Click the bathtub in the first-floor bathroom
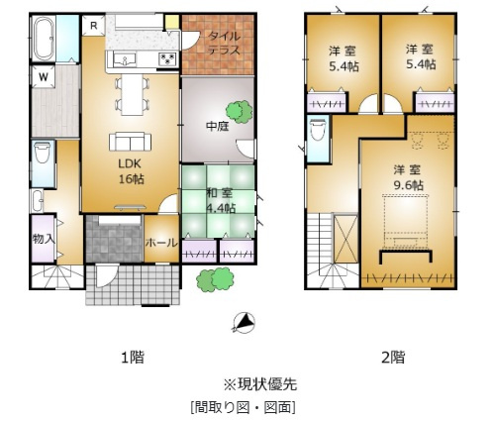44,39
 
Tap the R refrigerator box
94,26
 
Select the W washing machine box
44,77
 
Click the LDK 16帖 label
131,171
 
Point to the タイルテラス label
224,43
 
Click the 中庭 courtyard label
218,126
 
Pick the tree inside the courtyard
239,112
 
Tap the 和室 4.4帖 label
221,200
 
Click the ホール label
161,243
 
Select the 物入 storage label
44,239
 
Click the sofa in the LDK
131,142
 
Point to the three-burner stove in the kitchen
168,59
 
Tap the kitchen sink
125,59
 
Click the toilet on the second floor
318,130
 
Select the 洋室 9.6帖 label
408,177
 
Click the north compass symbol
244,322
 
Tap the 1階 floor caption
133,358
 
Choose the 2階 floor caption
393,358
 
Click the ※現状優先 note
260,384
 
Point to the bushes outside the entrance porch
215,280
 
